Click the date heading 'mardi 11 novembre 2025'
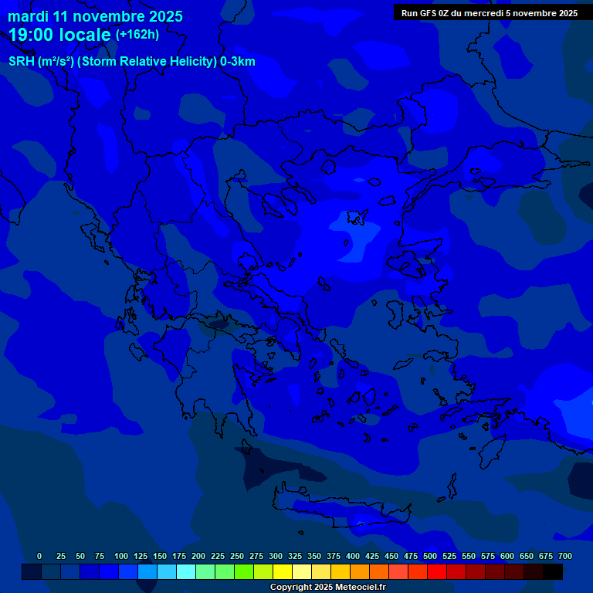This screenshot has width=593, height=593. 95,16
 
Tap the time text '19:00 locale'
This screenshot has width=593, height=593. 59,35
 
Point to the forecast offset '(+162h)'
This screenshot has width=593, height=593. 137,34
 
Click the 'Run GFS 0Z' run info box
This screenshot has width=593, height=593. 490,12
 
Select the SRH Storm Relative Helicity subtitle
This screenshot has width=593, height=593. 131,62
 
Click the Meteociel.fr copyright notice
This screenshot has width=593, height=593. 327,587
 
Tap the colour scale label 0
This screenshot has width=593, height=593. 39,556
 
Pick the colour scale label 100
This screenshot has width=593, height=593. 121,556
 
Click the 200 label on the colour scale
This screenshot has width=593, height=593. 198,556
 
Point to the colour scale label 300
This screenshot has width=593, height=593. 276,556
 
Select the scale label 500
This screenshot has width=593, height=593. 430,556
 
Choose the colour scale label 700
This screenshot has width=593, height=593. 565,556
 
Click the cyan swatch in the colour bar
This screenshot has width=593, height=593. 185,571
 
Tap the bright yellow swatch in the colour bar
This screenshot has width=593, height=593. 282,571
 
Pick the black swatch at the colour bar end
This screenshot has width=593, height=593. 553,571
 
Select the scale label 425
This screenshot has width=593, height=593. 372,556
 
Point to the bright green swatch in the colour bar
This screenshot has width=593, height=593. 243,571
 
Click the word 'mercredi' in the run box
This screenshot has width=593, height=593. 480,12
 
